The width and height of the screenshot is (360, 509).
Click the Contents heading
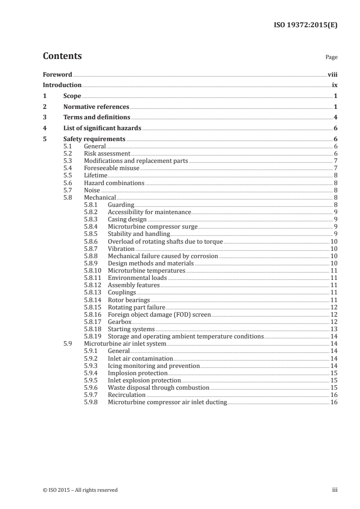tap(62, 56)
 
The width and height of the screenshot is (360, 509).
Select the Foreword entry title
tap(57, 74)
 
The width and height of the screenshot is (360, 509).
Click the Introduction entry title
tap(62, 85)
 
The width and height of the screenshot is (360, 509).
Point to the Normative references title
tap(96, 107)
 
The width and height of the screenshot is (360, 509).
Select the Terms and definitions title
tap(97, 117)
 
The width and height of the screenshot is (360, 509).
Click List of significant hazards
tap(103, 128)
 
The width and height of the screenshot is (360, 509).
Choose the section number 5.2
tap(68, 154)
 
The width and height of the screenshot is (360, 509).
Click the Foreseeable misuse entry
tap(112, 168)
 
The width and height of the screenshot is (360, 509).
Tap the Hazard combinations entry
tap(114, 183)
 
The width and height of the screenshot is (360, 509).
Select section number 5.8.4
tap(91, 227)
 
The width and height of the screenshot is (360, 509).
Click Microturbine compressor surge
tap(153, 227)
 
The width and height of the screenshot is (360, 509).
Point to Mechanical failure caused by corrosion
tap(163, 256)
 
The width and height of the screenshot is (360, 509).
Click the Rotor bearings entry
tap(128, 300)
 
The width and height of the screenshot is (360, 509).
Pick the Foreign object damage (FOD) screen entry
tap(159, 314)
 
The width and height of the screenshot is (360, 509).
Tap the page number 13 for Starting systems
tap(334, 329)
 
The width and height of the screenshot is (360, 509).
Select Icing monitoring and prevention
tap(153, 366)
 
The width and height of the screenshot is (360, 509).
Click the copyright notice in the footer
tap(80, 490)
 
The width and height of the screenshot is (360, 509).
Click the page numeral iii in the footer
tap(335, 490)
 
